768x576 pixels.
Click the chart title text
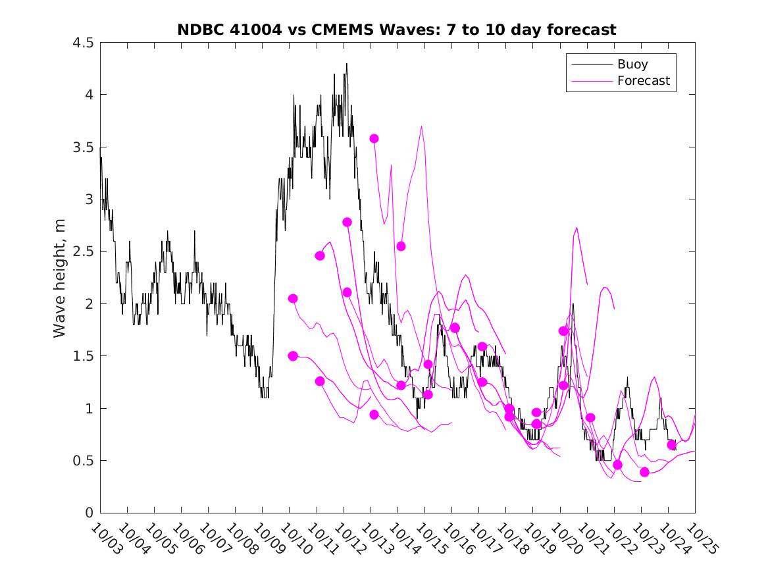coord(397,30)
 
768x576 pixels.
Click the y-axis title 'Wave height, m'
coord(60,278)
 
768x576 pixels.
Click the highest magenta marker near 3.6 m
coord(374,138)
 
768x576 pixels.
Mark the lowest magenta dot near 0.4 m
coord(644,472)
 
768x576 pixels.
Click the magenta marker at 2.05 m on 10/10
coord(293,298)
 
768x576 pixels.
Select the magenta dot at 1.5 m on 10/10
coord(293,356)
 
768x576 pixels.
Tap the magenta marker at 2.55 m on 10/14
coord(401,246)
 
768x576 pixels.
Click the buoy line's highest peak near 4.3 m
coord(347,64)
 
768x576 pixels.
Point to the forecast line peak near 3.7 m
coord(421,126)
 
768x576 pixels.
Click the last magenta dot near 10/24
coord(671,445)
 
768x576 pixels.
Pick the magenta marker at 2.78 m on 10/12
coord(347,222)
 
